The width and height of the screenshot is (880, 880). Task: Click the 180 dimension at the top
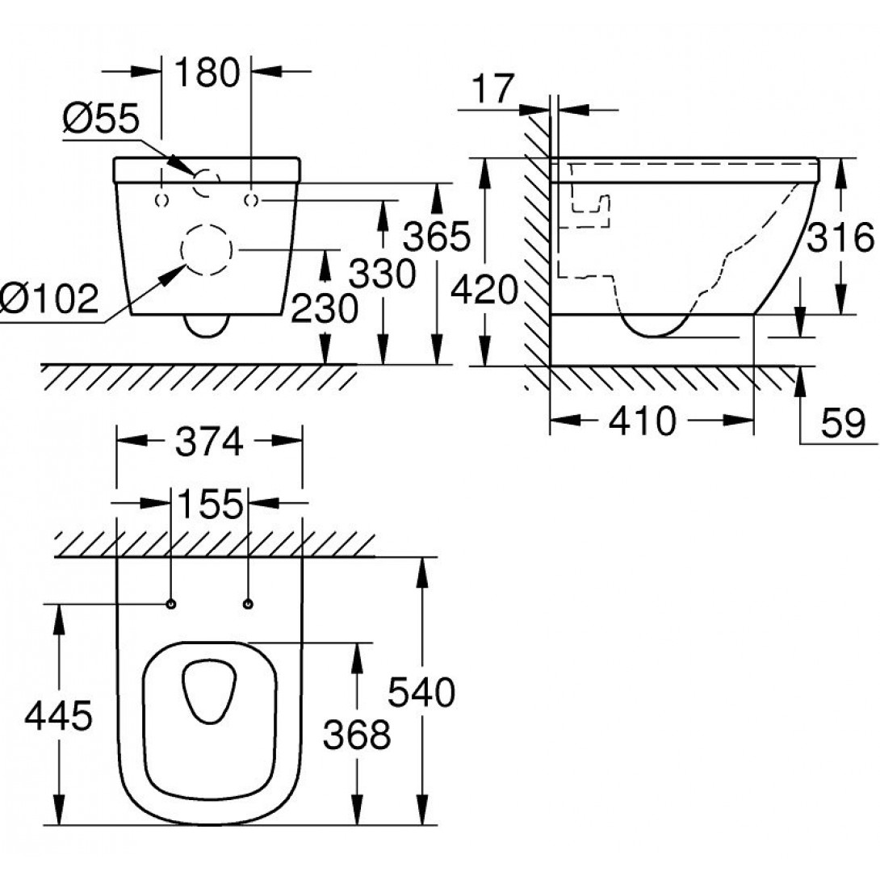point(207,72)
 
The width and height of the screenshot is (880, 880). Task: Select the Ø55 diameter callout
point(101,119)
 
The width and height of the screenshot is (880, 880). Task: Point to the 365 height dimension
point(437,237)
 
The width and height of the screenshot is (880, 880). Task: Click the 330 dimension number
point(383,274)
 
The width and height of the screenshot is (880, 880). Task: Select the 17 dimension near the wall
point(493,88)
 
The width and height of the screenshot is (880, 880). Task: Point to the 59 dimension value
point(842,421)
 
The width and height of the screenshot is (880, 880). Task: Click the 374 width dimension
point(209,441)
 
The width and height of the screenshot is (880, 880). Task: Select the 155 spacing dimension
point(209,505)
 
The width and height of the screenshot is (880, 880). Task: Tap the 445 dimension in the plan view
point(59,714)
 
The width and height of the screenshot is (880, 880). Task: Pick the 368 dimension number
point(357,734)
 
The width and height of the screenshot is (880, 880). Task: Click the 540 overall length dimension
point(421,692)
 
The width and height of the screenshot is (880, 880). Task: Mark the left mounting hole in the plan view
point(171,603)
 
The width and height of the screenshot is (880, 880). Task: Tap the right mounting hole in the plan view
point(247,603)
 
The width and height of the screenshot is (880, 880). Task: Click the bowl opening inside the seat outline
point(209,690)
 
